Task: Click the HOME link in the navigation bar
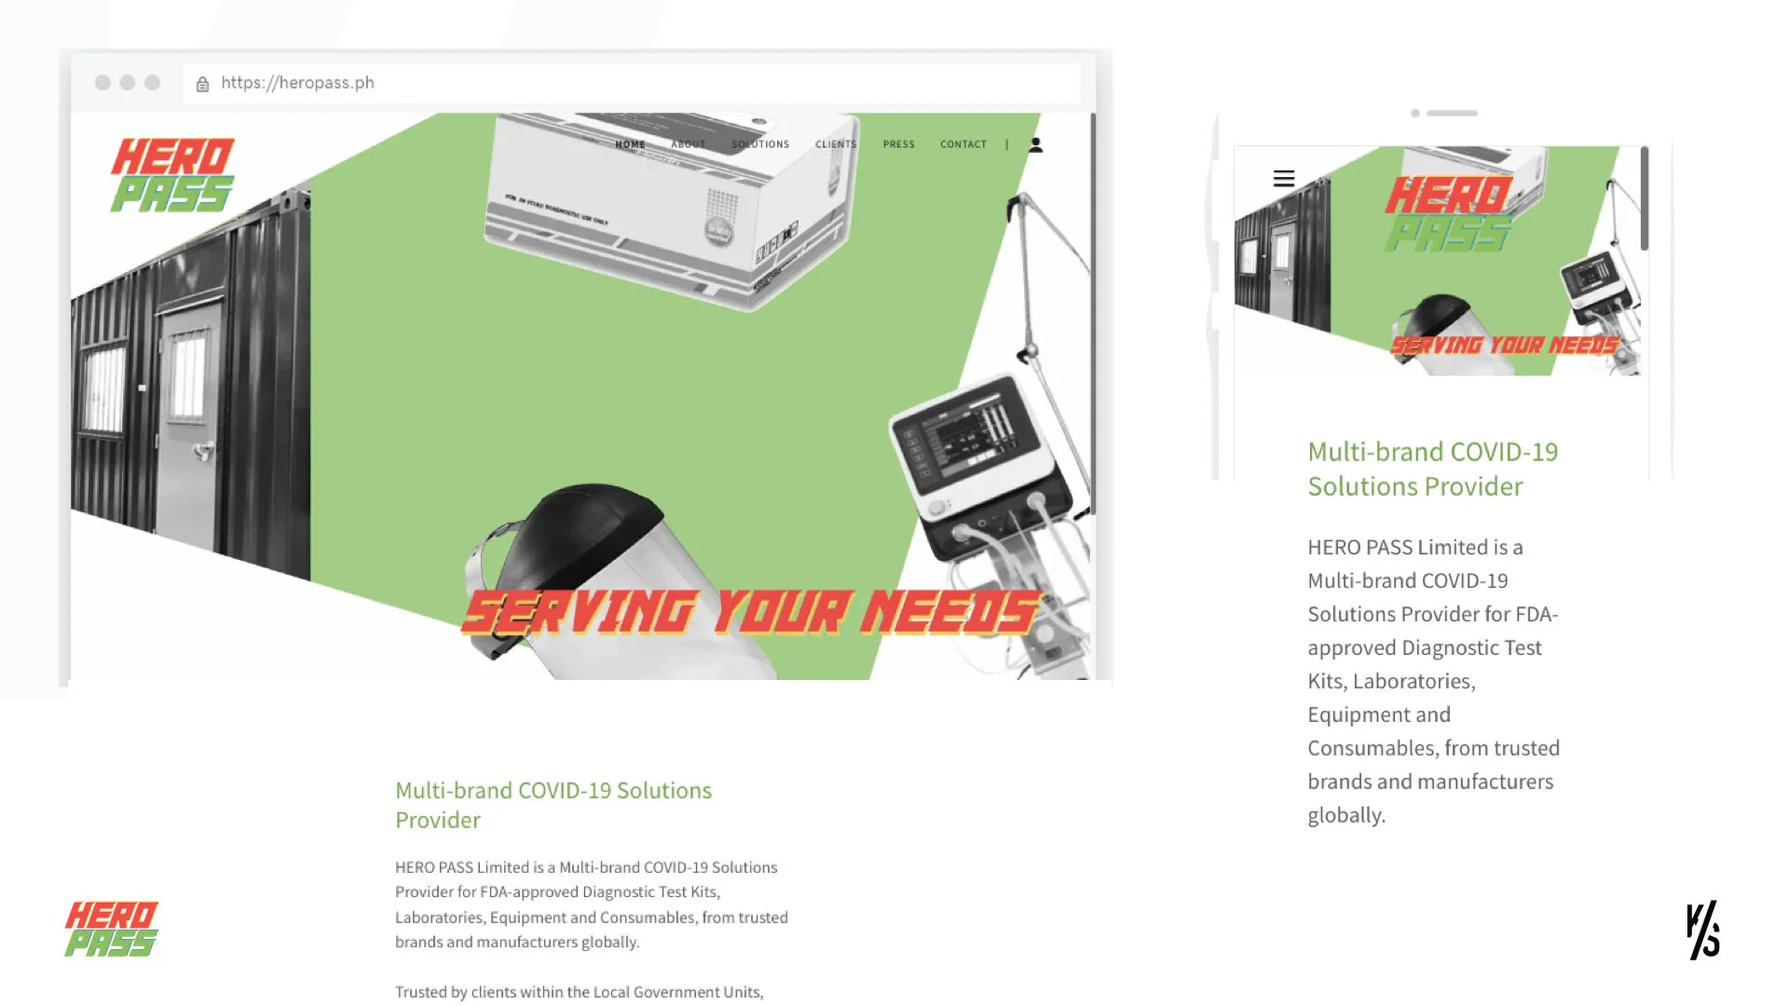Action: (x=630, y=144)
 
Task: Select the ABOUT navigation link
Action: (x=688, y=144)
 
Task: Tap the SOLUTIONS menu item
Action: (x=760, y=144)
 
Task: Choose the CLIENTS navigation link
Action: (x=836, y=144)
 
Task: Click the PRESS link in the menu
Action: (x=898, y=144)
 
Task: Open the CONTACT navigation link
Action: (x=963, y=144)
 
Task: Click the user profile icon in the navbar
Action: (x=1035, y=144)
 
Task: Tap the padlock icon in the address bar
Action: (x=202, y=84)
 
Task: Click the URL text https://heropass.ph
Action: (x=297, y=83)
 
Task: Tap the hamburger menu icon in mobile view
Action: (x=1283, y=178)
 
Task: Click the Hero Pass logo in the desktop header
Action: (x=172, y=175)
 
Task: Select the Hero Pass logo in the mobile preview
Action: (x=1448, y=214)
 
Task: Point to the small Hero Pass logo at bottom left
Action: (x=111, y=929)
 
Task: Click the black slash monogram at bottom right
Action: (x=1702, y=930)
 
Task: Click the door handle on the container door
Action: (x=202, y=452)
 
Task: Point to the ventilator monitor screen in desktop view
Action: (x=969, y=434)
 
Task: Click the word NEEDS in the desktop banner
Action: (x=949, y=613)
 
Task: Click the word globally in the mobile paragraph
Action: (x=1345, y=815)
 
